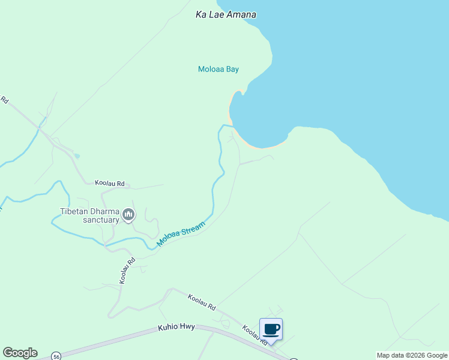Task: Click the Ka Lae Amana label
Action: tap(226, 14)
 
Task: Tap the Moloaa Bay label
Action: tap(218, 69)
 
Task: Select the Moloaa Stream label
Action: tap(181, 235)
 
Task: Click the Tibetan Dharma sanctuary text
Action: tap(89, 215)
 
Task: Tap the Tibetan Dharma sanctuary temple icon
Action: tap(128, 214)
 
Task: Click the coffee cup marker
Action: tap(271, 329)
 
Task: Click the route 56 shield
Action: tap(56, 355)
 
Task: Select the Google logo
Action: tap(20, 353)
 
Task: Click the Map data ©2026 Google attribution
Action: tap(412, 355)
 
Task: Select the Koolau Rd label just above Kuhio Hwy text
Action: tap(201, 302)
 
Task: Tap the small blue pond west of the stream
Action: tap(77, 157)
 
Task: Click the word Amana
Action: tap(241, 14)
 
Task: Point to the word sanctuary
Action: tap(101, 220)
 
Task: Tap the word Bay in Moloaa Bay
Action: tap(232, 69)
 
